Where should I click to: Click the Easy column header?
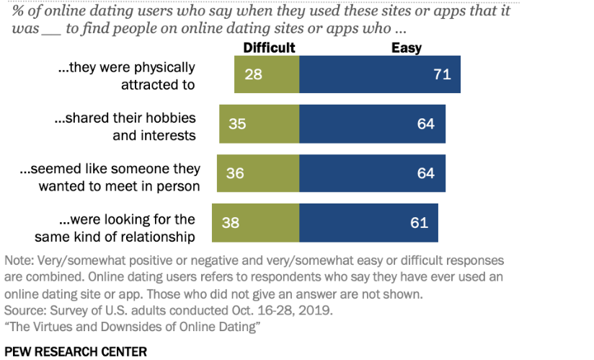click(406, 48)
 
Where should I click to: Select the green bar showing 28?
click(266, 74)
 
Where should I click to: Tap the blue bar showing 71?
click(379, 74)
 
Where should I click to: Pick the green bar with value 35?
click(262, 123)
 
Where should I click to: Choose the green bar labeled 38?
click(255, 222)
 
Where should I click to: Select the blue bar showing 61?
click(368, 222)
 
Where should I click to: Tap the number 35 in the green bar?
click(237, 123)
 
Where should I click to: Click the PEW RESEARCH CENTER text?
click(76, 351)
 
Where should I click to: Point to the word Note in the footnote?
click(17, 260)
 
